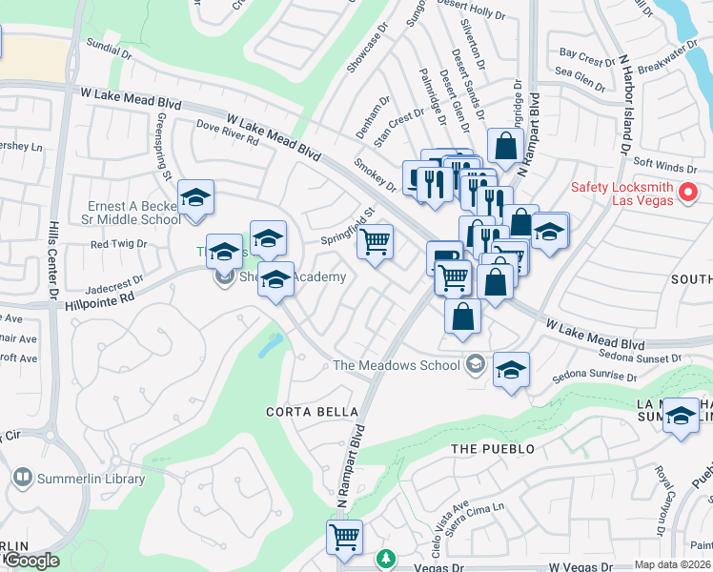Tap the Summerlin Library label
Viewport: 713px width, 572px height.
[92, 479]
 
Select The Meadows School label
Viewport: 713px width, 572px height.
[397, 364]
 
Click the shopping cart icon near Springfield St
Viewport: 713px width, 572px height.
[376, 242]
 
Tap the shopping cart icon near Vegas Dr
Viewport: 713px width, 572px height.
[344, 537]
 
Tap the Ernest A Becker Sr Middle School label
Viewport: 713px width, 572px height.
[133, 213]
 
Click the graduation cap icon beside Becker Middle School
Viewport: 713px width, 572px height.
[196, 198]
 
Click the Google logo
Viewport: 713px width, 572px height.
[32, 561]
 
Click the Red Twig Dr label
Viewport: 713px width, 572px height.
[118, 244]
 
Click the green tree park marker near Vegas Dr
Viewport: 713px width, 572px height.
[385, 559]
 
